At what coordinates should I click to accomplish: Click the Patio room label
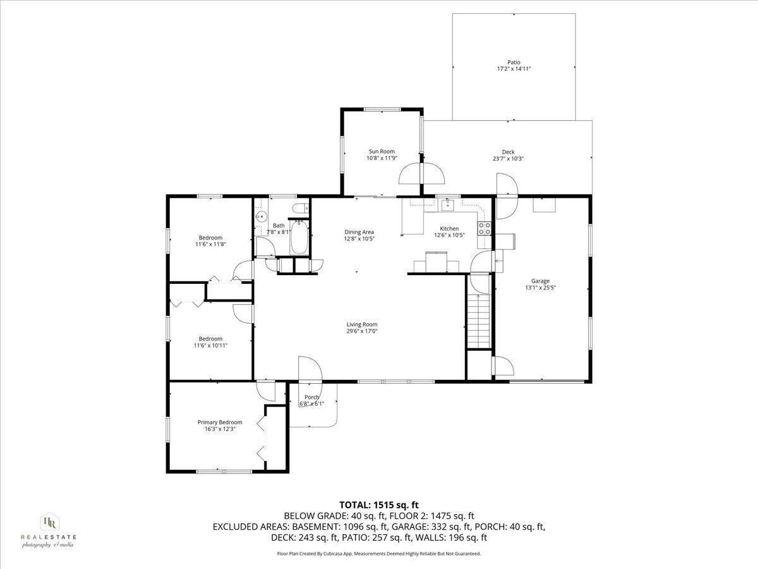pos(514,62)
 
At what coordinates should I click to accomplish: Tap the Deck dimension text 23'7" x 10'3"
pos(508,159)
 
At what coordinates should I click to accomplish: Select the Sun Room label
pos(382,151)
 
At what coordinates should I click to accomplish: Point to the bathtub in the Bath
pos(299,237)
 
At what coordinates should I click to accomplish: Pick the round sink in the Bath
pos(262,217)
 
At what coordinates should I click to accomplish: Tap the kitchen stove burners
pos(484,228)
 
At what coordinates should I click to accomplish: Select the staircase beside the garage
pos(479,321)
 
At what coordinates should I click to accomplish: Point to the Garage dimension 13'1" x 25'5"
pos(541,287)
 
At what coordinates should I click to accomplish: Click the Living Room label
pos(362,324)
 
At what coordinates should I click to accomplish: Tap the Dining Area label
pos(359,232)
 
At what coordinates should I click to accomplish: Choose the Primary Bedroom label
pos(220,422)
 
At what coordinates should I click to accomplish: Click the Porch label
pos(311,397)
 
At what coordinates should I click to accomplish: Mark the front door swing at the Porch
pos(310,369)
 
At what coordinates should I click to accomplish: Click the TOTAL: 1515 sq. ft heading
pos(379,505)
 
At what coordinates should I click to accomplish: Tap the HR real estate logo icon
pos(50,522)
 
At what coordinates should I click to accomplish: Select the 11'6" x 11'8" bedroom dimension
pos(210,244)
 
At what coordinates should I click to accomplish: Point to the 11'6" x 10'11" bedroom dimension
pos(210,345)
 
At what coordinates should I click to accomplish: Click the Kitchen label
pos(449,229)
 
